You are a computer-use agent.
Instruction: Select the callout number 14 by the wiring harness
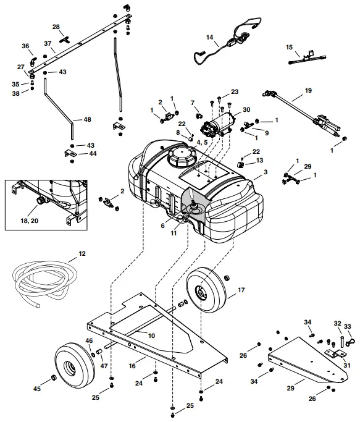coord(210,38)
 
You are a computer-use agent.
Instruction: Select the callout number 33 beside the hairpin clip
coord(348,326)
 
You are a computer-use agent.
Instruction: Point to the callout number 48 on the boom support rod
coord(86,119)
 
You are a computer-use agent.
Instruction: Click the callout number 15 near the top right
coord(290,47)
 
